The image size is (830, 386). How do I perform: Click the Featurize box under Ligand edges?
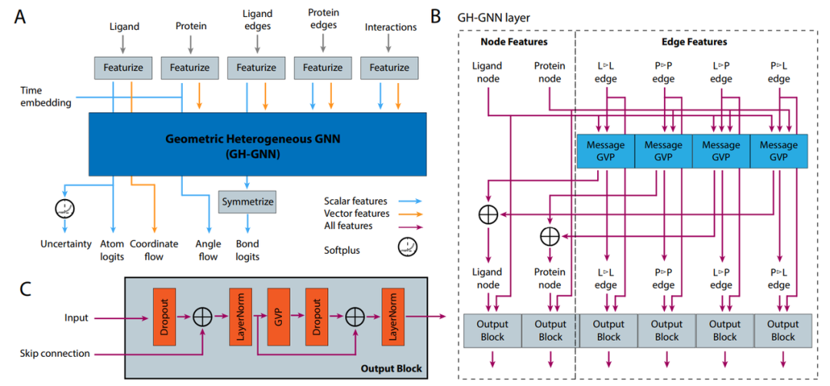[x=256, y=68]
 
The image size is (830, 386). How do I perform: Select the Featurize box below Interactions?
[x=389, y=68]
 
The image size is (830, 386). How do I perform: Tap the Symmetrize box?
[x=247, y=201]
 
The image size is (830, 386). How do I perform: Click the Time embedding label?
[x=46, y=96]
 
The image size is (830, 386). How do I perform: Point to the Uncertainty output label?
[x=66, y=245]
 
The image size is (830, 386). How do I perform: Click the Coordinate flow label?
[x=154, y=251]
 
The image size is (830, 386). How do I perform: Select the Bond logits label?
[x=247, y=251]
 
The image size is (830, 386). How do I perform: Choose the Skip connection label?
[x=56, y=353]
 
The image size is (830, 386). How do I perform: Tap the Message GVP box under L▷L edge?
[x=606, y=151]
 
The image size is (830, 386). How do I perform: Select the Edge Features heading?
[x=694, y=42]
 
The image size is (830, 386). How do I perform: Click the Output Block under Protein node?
[x=550, y=331]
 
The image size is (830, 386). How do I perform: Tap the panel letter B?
[x=436, y=15]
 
